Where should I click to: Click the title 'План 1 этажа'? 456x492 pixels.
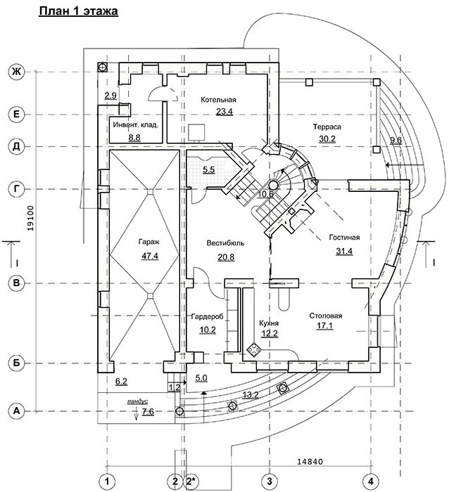pyautogui.click(x=78, y=12)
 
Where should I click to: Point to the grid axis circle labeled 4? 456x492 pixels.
pyautogui.click(x=369, y=481)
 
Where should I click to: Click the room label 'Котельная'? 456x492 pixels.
pyautogui.click(x=217, y=100)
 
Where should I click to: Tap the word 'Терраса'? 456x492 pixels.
pyautogui.click(x=327, y=127)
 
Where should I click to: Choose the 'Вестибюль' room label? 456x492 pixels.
pyautogui.click(x=225, y=243)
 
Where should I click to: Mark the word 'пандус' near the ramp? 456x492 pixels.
pyautogui.click(x=137, y=401)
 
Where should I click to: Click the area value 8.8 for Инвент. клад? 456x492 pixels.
pyautogui.click(x=135, y=137)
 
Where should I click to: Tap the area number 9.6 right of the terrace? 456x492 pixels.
pyautogui.click(x=395, y=140)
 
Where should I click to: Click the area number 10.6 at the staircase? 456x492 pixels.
pyautogui.click(x=265, y=194)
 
